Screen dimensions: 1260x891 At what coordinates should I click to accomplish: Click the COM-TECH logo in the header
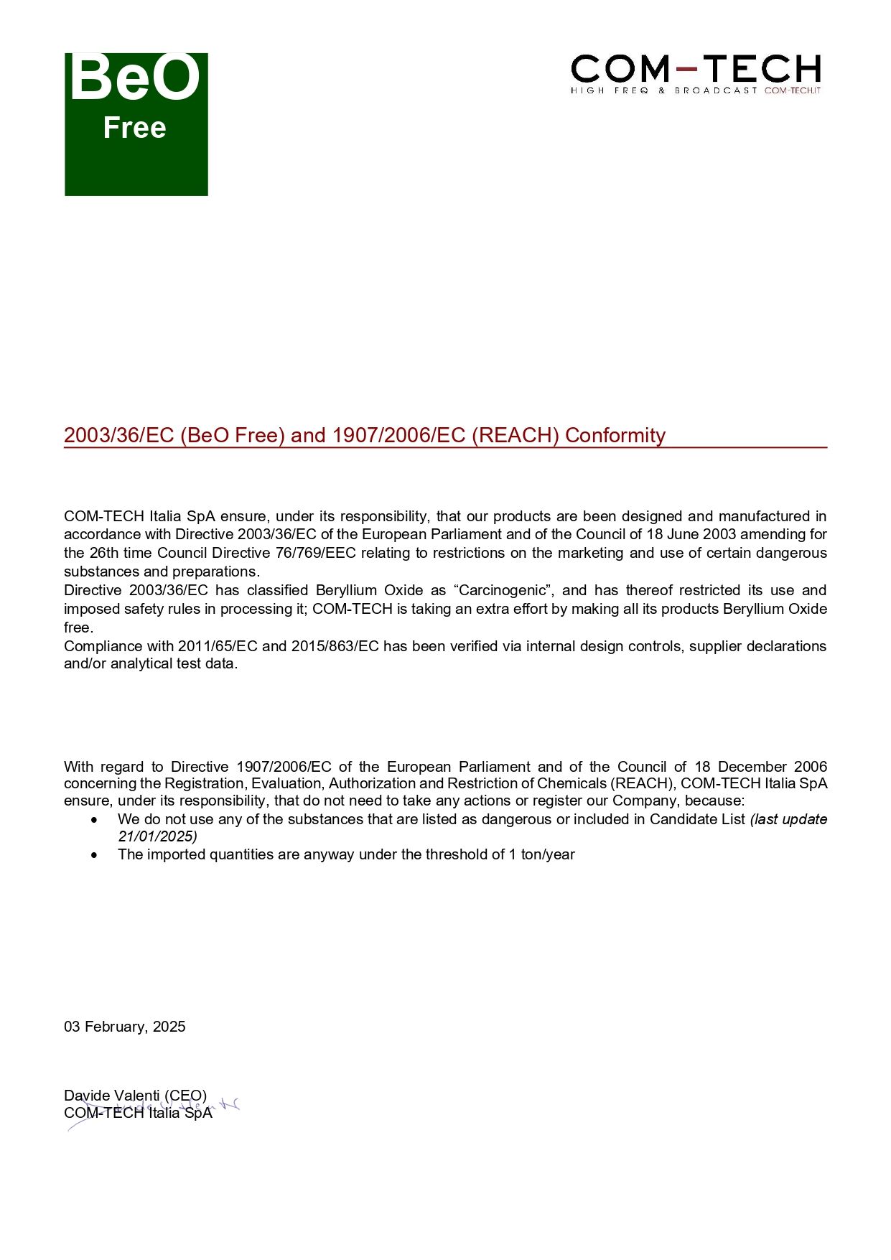695,73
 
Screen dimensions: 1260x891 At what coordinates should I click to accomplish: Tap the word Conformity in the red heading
615,435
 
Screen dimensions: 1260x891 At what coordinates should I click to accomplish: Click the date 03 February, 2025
125,1027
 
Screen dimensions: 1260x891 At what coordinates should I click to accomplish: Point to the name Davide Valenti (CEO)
135,1096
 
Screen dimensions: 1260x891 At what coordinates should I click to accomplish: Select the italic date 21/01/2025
157,836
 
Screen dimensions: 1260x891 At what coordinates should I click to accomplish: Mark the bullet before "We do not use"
94,820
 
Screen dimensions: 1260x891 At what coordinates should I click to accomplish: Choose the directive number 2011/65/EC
218,646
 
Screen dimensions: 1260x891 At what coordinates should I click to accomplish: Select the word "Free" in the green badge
134,128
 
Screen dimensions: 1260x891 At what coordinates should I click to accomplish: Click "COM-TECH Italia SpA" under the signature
138,1113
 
